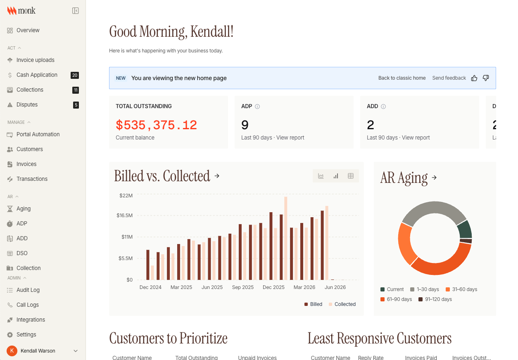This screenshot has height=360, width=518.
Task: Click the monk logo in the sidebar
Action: [x=21, y=11]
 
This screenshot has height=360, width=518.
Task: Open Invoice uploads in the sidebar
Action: [x=36, y=60]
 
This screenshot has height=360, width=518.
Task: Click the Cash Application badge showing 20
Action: [x=75, y=75]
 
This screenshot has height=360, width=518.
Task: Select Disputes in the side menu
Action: [x=27, y=105]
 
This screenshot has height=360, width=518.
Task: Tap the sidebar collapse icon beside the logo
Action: [x=76, y=11]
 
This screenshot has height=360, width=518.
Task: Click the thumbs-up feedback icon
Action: [x=474, y=78]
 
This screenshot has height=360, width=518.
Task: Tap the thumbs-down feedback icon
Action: [x=486, y=78]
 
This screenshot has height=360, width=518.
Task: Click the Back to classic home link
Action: [x=402, y=78]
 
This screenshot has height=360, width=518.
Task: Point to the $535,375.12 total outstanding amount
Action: [x=156, y=125]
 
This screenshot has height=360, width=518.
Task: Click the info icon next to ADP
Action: [x=257, y=107]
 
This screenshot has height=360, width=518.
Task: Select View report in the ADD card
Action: [x=416, y=138]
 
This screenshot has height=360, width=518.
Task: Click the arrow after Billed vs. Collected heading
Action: [x=217, y=176]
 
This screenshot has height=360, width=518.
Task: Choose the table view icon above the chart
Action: [x=351, y=176]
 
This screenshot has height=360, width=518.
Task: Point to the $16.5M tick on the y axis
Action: [x=124, y=216]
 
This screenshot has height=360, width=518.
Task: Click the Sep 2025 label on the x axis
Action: [x=243, y=287]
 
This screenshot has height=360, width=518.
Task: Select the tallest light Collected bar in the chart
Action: [x=286, y=238]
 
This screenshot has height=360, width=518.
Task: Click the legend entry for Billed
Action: [x=314, y=304]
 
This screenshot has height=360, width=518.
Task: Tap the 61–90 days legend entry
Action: [x=396, y=299]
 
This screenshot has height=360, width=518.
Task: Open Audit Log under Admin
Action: [x=28, y=290]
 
